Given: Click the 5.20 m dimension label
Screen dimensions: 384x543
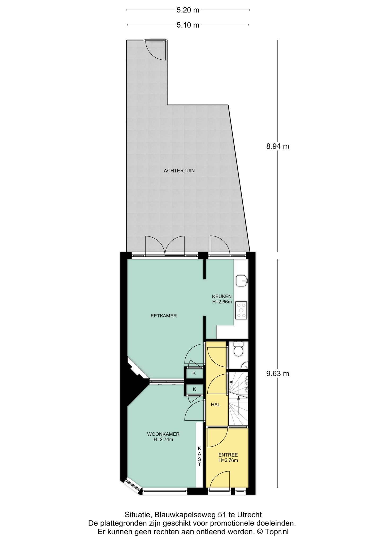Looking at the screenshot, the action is pyautogui.click(x=188, y=10).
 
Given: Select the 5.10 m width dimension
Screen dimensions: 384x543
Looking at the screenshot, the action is pyautogui.click(x=188, y=25).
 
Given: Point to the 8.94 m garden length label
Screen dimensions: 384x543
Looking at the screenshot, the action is pyautogui.click(x=278, y=146).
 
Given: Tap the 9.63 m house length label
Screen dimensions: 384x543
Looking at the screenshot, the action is pyautogui.click(x=278, y=374).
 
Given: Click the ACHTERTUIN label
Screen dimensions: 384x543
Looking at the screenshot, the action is pyautogui.click(x=179, y=171).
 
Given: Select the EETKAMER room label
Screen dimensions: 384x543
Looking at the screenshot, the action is pyautogui.click(x=164, y=316).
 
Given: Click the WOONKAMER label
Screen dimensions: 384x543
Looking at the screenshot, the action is pyautogui.click(x=163, y=434).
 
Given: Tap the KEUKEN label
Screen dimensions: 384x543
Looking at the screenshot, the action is pyautogui.click(x=222, y=296).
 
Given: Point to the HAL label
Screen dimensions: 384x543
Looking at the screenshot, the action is pyautogui.click(x=216, y=405).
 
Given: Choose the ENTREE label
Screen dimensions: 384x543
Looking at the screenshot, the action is pyautogui.click(x=228, y=455).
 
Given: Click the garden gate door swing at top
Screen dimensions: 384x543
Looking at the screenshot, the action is pyautogui.click(x=156, y=50).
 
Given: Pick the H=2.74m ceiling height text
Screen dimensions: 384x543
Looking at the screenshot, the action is pyautogui.click(x=163, y=440).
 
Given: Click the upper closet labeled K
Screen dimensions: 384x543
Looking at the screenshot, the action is pyautogui.click(x=194, y=373).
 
